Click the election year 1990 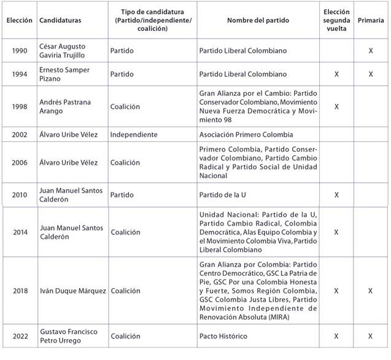click(x=18, y=51)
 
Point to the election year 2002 click(x=18, y=135)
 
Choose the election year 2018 click(x=18, y=291)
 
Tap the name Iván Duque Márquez click(x=72, y=291)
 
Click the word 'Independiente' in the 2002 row click(x=134, y=135)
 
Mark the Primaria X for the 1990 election click(x=371, y=51)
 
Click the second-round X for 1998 click(x=336, y=106)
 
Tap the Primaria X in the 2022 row click(x=371, y=337)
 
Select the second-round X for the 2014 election click(x=336, y=233)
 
